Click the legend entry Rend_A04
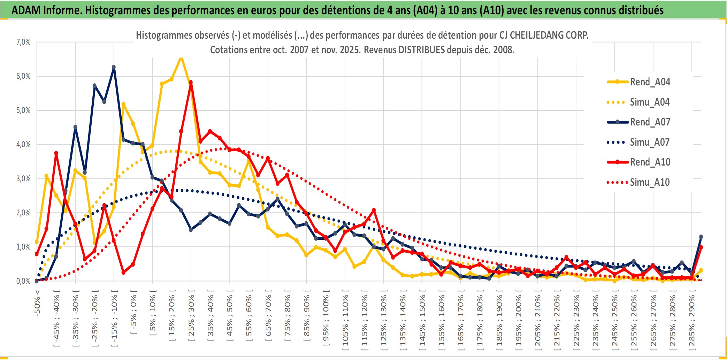[x=650, y=82]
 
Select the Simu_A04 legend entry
[x=650, y=102]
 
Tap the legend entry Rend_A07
[x=650, y=122]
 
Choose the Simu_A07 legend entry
[x=650, y=142]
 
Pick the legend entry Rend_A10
[x=650, y=162]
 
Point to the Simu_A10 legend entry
[x=650, y=182]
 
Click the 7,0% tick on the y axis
[x=23, y=42]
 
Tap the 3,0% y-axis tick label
[x=23, y=179]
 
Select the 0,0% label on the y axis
[x=23, y=281]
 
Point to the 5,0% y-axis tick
[x=23, y=110]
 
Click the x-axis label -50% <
[x=37, y=303]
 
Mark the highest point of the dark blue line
[x=114, y=67]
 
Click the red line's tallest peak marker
[x=191, y=83]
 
